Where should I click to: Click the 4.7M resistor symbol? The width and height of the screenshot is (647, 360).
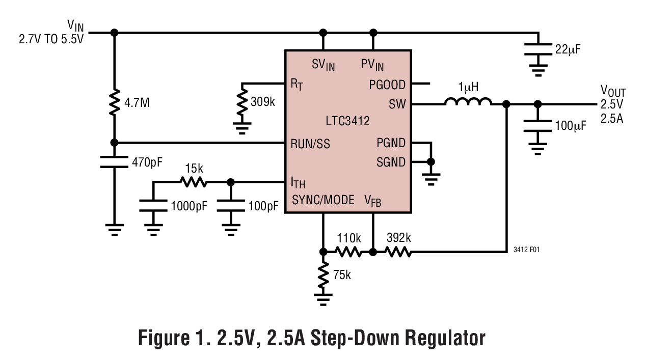(x=114, y=102)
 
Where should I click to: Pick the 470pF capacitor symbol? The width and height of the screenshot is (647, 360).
(x=114, y=162)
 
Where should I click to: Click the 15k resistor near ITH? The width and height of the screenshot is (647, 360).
(x=192, y=182)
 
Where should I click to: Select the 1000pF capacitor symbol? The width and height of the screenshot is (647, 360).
(x=153, y=206)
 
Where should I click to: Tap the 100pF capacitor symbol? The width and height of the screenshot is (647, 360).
(x=230, y=206)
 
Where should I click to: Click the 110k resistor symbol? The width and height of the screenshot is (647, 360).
(x=348, y=251)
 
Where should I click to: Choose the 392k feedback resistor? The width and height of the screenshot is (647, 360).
(x=397, y=251)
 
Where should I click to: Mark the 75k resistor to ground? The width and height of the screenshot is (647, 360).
(x=322, y=274)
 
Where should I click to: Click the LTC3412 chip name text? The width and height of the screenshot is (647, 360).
(x=348, y=121)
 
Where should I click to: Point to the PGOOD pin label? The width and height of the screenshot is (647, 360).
(x=387, y=85)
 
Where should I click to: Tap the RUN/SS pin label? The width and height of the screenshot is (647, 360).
(x=310, y=144)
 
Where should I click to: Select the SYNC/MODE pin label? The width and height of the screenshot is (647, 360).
(x=323, y=200)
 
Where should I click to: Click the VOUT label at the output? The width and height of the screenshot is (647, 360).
(x=613, y=91)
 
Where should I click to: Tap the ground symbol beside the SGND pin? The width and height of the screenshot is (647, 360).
(x=431, y=176)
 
